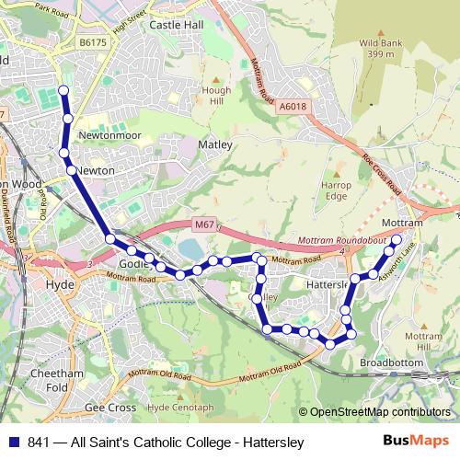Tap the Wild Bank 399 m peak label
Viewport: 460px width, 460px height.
click(382, 49)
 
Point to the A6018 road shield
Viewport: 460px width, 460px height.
click(292, 107)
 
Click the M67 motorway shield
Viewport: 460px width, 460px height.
click(204, 223)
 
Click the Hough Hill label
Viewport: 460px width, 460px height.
click(216, 97)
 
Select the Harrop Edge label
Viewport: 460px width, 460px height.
click(336, 190)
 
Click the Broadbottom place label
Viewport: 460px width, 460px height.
click(391, 362)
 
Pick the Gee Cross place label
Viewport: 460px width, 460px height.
click(109, 407)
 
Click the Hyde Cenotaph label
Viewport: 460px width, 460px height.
click(180, 407)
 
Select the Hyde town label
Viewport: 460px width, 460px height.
click(60, 285)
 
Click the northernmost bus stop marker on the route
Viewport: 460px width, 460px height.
click(63, 90)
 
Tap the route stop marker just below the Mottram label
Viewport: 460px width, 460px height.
click(397, 240)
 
